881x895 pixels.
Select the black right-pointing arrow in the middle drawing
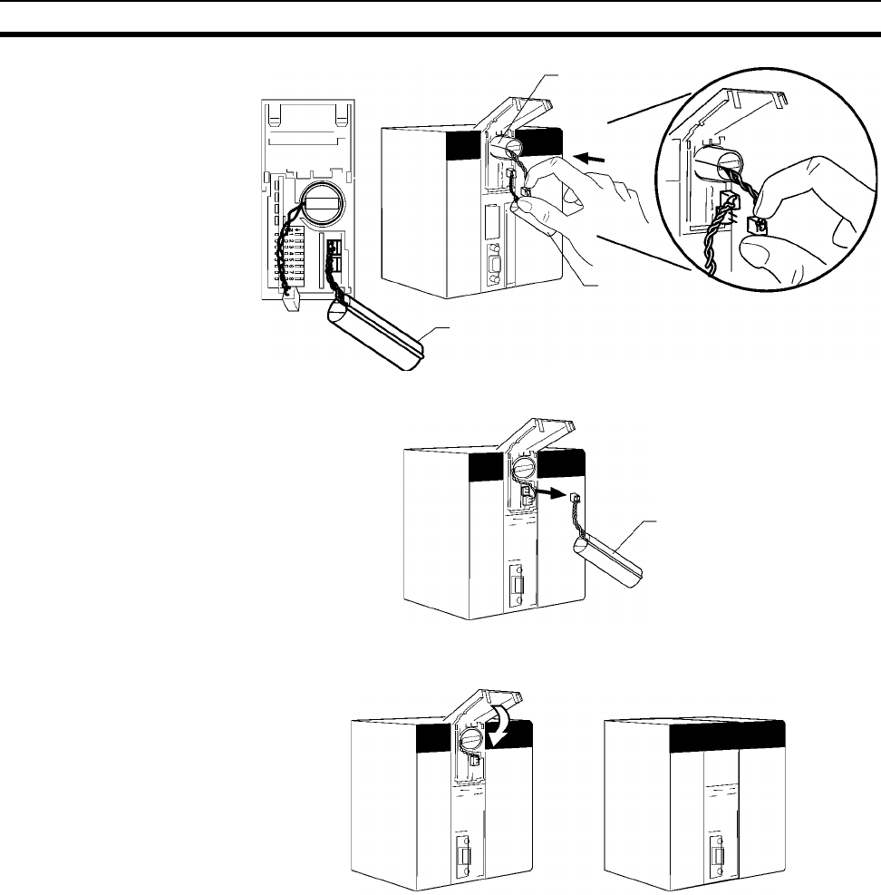click(x=548, y=494)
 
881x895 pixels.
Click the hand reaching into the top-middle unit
click(x=589, y=204)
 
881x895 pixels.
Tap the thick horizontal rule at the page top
click(x=440, y=34)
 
